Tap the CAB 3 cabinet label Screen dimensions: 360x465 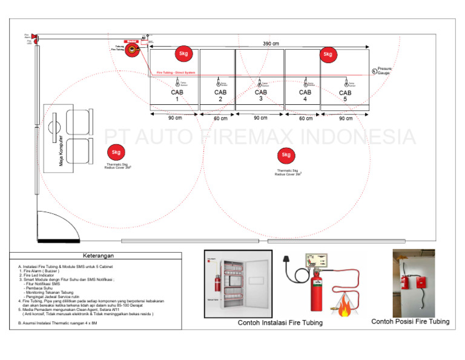(x=260, y=96)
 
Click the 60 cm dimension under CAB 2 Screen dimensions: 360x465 (x=220, y=119)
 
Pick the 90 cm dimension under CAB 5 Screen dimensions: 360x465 (x=346, y=119)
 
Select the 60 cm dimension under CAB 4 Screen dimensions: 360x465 (x=306, y=119)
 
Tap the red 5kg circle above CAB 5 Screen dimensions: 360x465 (x=328, y=55)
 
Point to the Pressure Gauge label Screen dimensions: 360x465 (x=384, y=71)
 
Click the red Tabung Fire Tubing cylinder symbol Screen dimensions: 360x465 (x=131, y=51)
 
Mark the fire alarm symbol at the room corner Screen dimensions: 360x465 (x=35, y=38)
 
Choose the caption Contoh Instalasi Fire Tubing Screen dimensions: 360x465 (x=280, y=323)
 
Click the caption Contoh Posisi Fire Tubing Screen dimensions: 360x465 (x=411, y=322)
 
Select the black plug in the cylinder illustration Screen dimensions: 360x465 (x=297, y=278)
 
